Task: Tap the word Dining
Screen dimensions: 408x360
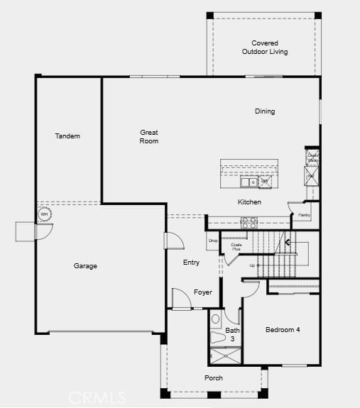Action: point(265,111)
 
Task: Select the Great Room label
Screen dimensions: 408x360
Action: point(148,137)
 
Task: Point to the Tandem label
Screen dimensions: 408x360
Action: point(67,136)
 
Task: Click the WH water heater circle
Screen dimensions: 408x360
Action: point(44,214)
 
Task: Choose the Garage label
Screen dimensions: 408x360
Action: point(85,266)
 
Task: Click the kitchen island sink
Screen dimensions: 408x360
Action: point(249,182)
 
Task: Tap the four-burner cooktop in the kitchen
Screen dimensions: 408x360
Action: point(249,221)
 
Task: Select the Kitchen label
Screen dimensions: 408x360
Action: point(249,202)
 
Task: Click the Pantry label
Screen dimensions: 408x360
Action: point(304,215)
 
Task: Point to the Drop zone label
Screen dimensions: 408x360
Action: point(212,241)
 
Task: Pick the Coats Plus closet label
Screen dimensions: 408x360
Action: point(236,247)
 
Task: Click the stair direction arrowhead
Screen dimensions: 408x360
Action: point(288,243)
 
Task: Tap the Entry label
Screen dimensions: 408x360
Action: point(191,263)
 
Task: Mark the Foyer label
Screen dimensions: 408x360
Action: point(203,292)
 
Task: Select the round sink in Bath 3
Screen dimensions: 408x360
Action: point(217,319)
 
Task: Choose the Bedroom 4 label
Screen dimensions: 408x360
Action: point(283,330)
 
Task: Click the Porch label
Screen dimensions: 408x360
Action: point(214,378)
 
